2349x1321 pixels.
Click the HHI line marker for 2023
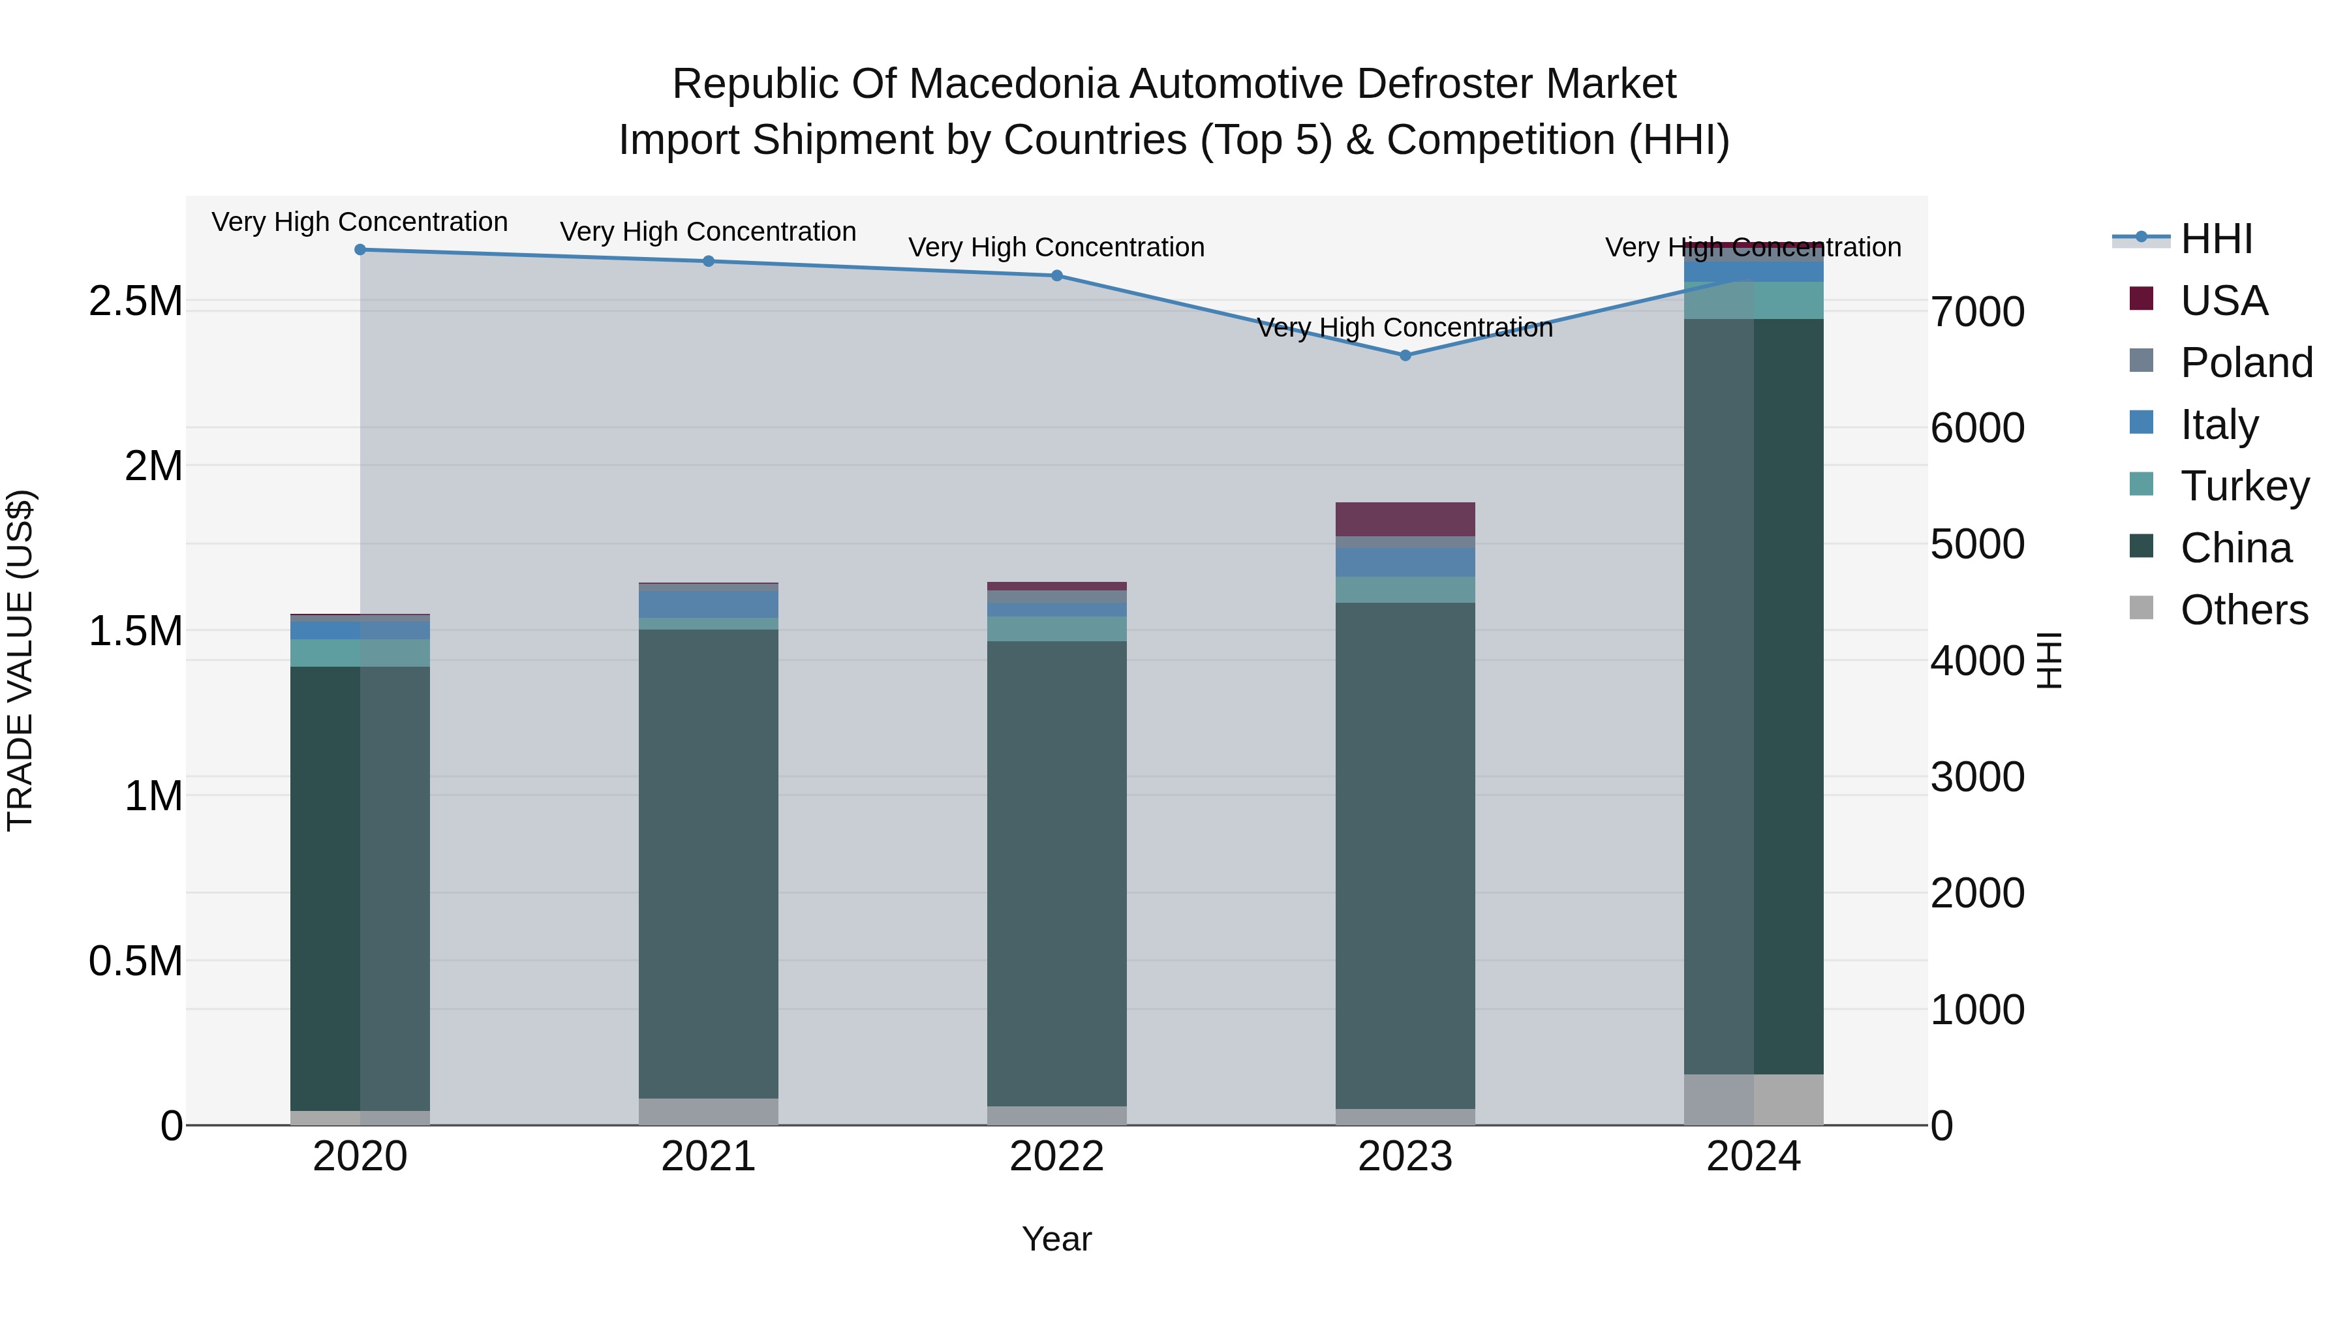tap(1405, 356)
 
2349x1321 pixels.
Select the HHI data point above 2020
tap(360, 250)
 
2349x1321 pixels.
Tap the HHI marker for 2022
tap(1057, 275)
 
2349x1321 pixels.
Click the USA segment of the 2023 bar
tap(1405, 519)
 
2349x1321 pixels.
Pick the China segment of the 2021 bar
tap(709, 863)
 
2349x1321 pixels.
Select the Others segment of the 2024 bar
tap(1753, 1099)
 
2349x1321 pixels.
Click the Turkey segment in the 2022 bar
tap(1057, 629)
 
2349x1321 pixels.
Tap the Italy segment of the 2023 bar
tap(1405, 562)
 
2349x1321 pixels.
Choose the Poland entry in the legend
tap(2246, 363)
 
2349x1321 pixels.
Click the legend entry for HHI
tap(2216, 239)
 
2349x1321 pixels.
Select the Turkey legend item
tap(2244, 486)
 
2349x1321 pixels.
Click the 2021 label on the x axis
tap(709, 1157)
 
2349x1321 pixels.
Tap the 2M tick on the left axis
tap(153, 466)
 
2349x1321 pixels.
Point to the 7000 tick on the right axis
tap(1978, 312)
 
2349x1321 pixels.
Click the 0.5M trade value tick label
tap(136, 961)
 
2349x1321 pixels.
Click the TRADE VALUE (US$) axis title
tap(21, 660)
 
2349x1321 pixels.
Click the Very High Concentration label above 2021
tap(709, 232)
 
